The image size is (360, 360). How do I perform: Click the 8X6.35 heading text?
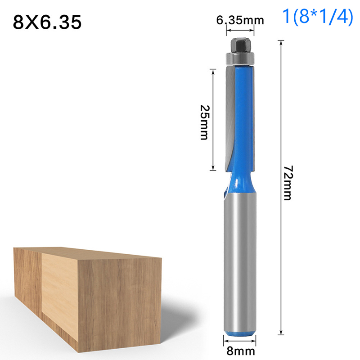tap(47, 22)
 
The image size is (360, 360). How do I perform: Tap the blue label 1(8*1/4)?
tap(318, 16)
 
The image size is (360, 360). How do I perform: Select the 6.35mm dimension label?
tap(240, 20)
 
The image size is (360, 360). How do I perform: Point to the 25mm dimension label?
tap(204, 122)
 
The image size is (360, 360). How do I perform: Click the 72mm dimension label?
tap(288, 183)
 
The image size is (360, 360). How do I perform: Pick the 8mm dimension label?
tap(241, 351)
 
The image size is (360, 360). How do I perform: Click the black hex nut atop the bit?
tap(240, 45)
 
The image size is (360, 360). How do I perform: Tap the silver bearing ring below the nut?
tap(240, 58)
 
